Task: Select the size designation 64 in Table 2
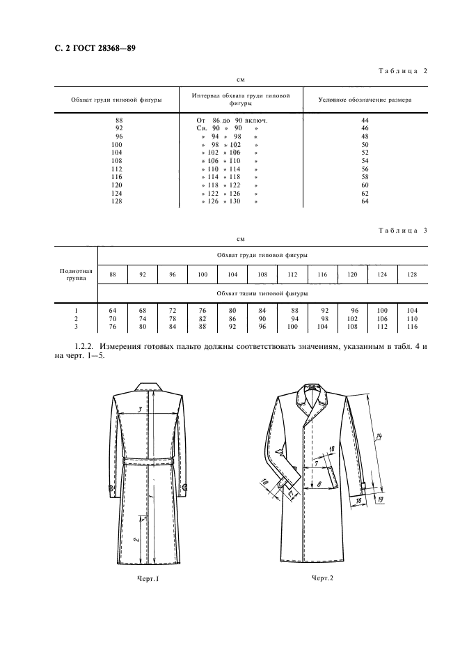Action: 364,201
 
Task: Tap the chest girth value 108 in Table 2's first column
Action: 116,161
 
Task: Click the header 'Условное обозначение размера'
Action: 364,100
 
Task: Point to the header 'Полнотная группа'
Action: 77,274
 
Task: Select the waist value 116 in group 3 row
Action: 411,325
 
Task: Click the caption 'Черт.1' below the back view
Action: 149,579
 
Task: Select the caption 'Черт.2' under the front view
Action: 322,578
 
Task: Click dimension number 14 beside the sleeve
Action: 379,437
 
